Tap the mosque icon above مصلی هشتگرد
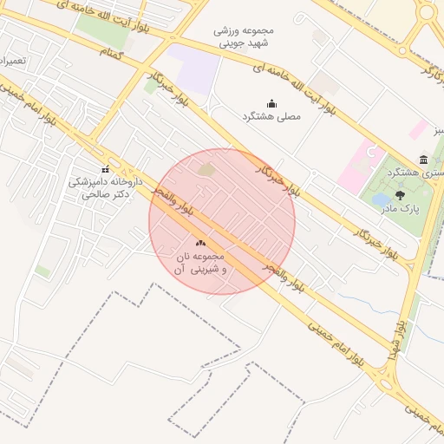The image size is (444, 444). pos(271,103)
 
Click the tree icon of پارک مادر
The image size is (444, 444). pos(400,195)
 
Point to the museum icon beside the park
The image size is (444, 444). pos(422,160)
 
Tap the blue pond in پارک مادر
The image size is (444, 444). pos(381,200)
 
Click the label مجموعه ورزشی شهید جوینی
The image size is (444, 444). pos(244,36)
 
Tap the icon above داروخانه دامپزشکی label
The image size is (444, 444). pos(106,169)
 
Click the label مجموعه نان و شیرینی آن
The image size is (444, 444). pos(201,264)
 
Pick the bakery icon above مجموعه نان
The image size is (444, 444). pos(201,244)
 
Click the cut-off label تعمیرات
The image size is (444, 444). pos(13,62)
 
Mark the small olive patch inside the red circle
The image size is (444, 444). pos(206,169)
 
